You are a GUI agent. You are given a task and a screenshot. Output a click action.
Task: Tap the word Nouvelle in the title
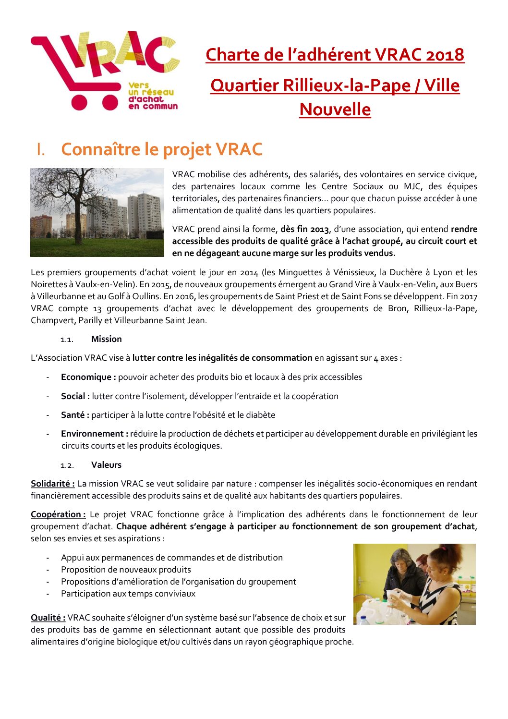[x=335, y=110]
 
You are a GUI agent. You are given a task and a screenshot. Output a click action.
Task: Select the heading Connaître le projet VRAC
[x=161, y=149]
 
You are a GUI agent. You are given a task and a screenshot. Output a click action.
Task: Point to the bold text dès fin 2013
[x=305, y=230]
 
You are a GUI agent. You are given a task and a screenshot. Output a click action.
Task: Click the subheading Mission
[x=106, y=339]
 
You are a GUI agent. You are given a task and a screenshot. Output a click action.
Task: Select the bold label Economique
[x=88, y=377]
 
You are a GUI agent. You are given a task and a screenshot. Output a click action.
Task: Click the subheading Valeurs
[x=106, y=465]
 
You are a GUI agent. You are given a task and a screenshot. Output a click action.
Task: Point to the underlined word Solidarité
[x=52, y=484]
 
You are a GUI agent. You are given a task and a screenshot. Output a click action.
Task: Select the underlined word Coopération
[x=58, y=514]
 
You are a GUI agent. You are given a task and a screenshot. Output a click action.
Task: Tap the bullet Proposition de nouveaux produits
[x=126, y=570]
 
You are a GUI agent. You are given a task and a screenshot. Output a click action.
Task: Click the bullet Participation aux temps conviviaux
[x=128, y=594]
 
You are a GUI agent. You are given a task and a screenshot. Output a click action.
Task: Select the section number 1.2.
[x=67, y=465]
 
